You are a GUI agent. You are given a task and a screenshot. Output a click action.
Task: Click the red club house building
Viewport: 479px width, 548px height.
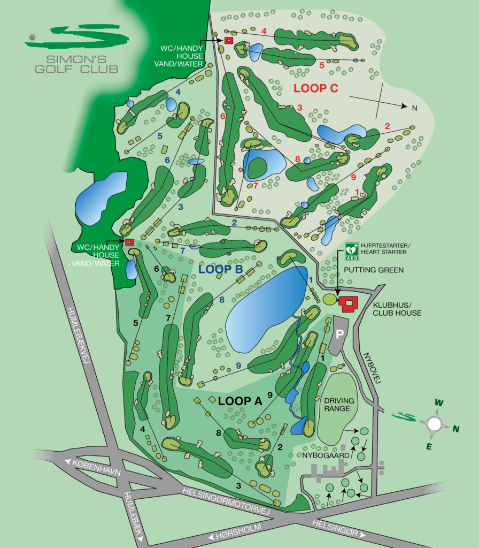349,303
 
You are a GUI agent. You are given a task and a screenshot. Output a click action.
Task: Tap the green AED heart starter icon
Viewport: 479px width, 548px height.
351,248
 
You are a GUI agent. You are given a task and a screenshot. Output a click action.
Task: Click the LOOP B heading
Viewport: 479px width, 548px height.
220,269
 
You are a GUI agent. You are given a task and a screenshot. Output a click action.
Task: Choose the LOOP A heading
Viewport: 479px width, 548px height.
239,400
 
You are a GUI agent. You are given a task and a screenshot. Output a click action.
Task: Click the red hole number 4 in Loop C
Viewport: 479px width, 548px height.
264,31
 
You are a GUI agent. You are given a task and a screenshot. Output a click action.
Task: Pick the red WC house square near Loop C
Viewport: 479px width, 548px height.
229,40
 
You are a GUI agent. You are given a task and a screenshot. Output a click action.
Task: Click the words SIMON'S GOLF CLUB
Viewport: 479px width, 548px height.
77,64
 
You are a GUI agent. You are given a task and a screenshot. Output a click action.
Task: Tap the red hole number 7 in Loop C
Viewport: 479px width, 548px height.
255,186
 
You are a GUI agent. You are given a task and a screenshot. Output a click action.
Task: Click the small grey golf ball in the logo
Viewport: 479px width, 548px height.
33,37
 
